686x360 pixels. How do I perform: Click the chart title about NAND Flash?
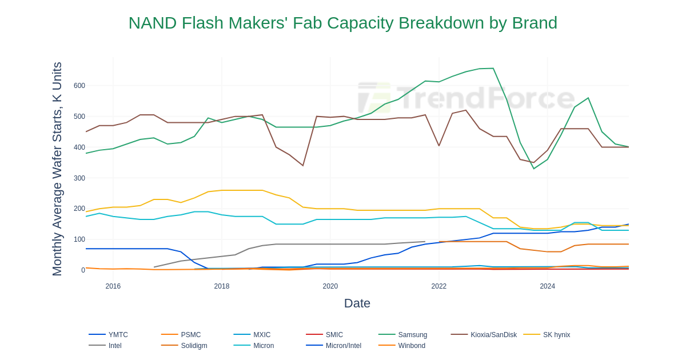342,23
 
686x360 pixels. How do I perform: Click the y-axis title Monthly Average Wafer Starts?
57,169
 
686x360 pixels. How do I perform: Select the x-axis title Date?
357,303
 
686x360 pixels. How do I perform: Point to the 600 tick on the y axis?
79,86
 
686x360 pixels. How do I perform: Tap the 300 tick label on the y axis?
79,178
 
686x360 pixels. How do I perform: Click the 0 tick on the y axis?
83,270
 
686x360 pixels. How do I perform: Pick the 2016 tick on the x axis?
113,286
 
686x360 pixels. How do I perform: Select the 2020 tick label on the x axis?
330,286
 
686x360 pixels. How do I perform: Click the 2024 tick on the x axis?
547,286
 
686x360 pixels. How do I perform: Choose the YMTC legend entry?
118,335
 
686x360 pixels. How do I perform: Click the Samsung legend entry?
412,335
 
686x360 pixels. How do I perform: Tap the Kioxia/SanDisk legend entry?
493,335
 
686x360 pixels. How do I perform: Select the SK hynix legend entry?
556,335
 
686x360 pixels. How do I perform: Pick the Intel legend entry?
115,346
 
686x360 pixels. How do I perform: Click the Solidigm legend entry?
194,346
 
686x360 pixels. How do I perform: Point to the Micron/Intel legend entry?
343,346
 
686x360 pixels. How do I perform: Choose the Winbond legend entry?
412,346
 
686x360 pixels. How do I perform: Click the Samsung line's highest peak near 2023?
493,69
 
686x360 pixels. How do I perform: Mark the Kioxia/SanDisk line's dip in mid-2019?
303,166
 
